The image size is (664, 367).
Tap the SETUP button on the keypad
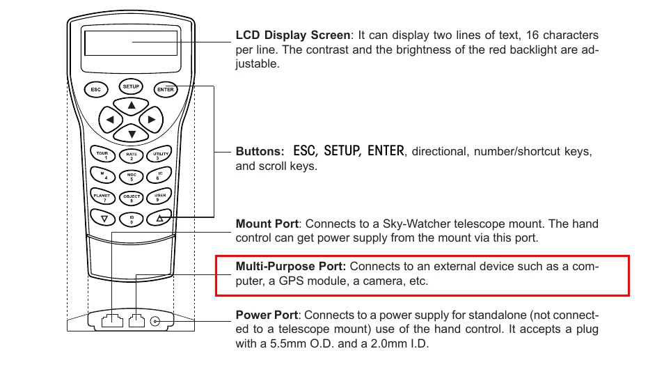pos(132,87)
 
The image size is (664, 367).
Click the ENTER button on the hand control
pos(166,89)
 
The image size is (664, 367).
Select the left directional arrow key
pos(110,120)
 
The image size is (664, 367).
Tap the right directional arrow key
pos(152,120)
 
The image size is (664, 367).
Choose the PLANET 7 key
pos(102,198)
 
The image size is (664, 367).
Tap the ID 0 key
pos(132,219)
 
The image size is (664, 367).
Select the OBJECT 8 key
pos(132,198)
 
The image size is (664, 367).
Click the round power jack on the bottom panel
pos(155,321)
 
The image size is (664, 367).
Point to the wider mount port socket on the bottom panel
pos(112,321)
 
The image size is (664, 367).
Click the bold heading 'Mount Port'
pos(267,224)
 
